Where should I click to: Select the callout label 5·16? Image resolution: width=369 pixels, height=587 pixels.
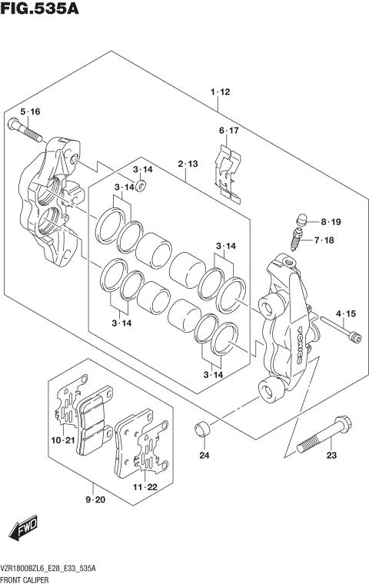[x=30, y=112]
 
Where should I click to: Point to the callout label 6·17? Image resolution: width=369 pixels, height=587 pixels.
[x=228, y=131]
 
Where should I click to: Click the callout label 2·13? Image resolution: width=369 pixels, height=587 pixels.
[x=188, y=164]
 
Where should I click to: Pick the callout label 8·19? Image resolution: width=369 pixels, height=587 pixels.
[x=331, y=222]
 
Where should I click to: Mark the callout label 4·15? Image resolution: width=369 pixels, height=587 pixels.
[x=345, y=313]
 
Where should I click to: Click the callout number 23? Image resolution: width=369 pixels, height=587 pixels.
[x=331, y=456]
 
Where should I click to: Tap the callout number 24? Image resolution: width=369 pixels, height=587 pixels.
[x=204, y=456]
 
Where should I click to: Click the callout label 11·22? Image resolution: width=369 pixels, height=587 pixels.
[x=143, y=487]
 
